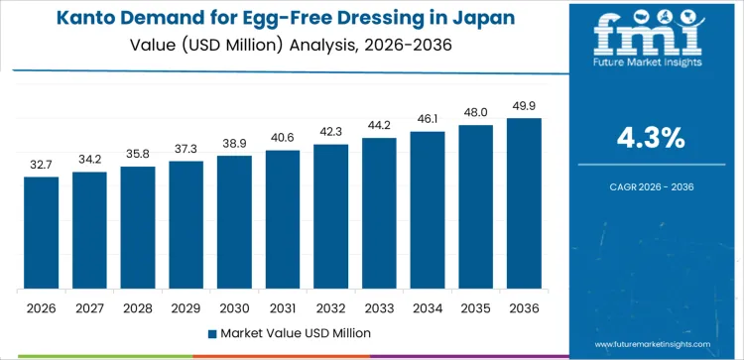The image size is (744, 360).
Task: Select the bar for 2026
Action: tap(42, 233)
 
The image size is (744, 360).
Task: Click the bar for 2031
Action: tap(283, 219)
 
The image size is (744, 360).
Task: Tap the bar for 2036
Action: tap(524, 203)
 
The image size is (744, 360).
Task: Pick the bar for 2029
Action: tap(186, 225)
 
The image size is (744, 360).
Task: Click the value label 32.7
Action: tap(42, 165)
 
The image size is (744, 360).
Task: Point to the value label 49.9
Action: tap(524, 106)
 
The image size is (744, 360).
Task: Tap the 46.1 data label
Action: tap(428, 119)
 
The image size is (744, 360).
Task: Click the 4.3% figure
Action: tap(651, 139)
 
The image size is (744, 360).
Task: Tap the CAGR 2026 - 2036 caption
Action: tap(651, 186)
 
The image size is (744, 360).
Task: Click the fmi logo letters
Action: tap(651, 37)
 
